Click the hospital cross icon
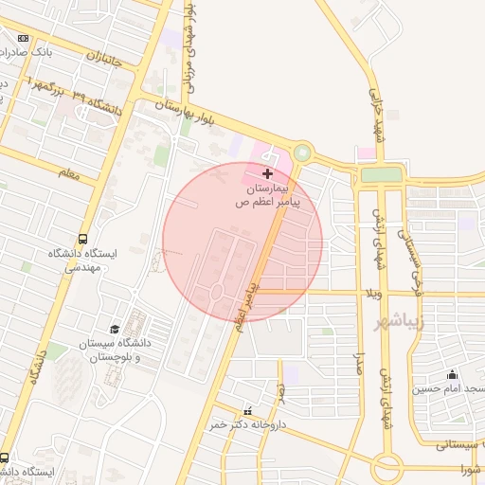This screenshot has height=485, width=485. [x=268, y=173]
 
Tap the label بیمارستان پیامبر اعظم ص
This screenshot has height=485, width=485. [x=268, y=196]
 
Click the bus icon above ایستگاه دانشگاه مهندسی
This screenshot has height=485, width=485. [x=83, y=239]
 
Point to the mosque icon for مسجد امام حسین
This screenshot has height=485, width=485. [x=452, y=374]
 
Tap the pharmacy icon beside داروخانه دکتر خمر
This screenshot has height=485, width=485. [x=248, y=411]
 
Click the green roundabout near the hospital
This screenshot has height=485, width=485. [x=302, y=152]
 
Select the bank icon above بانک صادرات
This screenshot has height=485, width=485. [x=23, y=39]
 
